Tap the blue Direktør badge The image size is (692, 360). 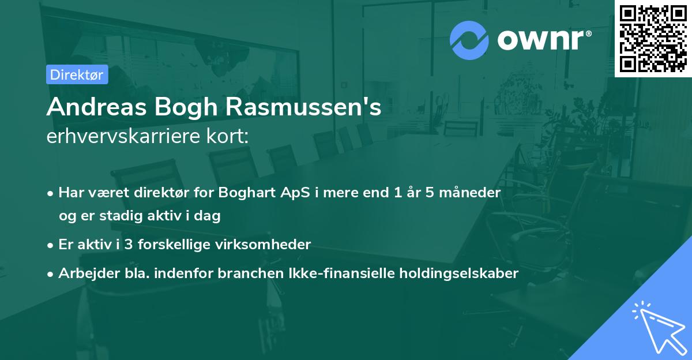pyautogui.click(x=77, y=74)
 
